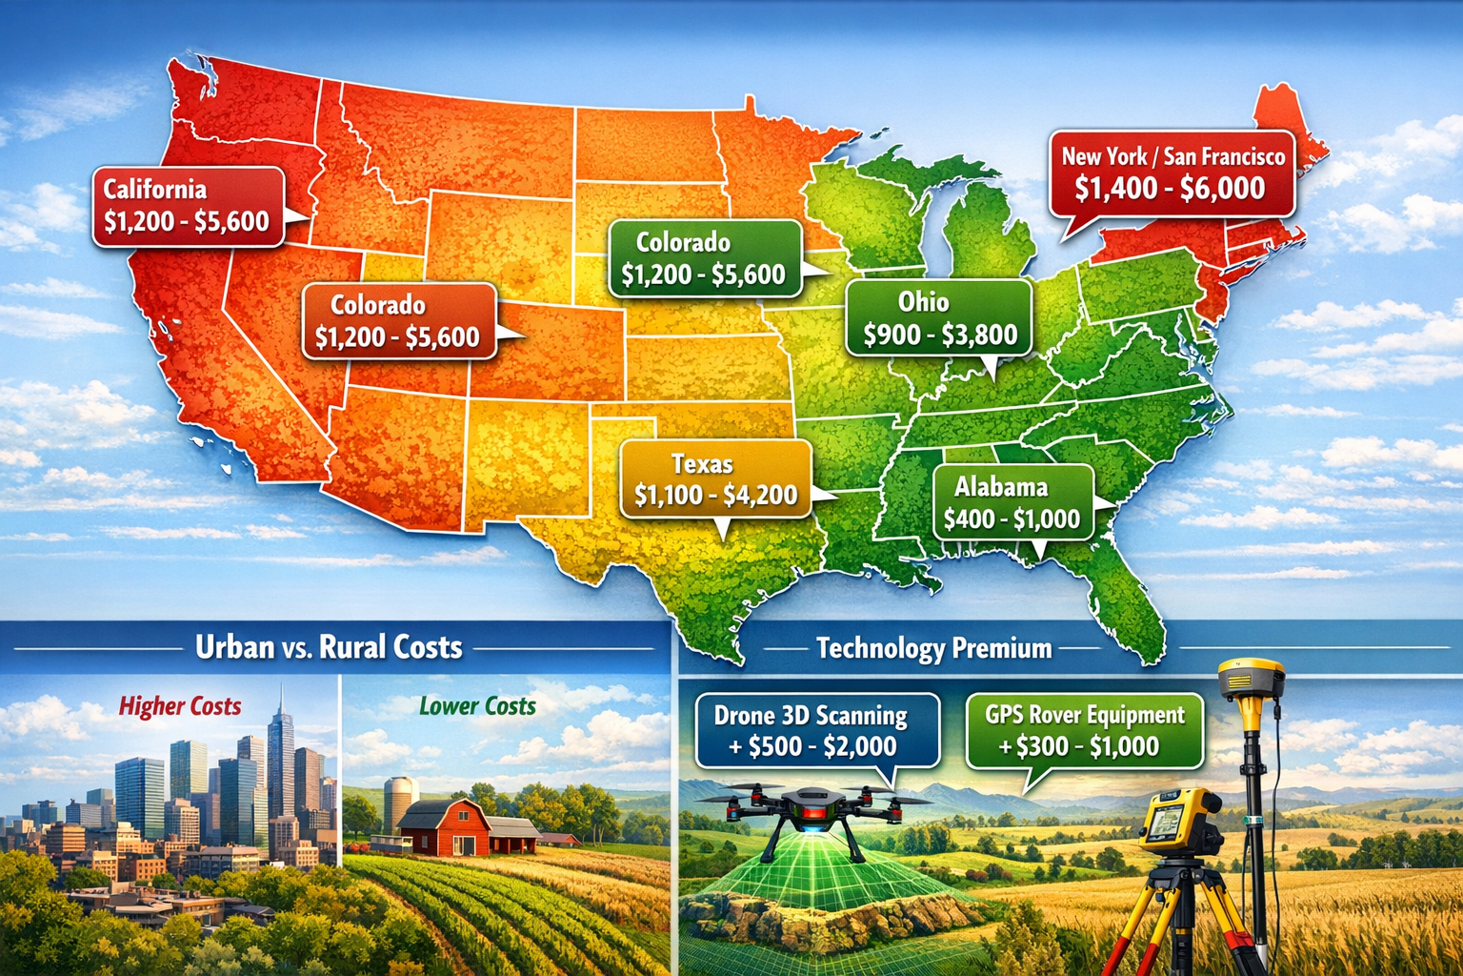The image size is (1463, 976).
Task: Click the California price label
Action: tap(188, 206)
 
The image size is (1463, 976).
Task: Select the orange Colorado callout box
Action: tap(398, 321)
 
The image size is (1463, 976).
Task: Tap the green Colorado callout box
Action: tap(704, 258)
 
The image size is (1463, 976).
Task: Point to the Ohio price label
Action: tap(939, 318)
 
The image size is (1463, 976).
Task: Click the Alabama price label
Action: tap(1012, 502)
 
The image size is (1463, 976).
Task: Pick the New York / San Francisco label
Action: tap(1172, 173)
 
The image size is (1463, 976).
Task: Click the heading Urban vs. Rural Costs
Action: tap(329, 648)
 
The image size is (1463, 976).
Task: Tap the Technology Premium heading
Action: tap(934, 649)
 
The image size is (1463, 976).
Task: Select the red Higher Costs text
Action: tap(180, 706)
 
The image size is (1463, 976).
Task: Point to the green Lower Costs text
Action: tap(477, 706)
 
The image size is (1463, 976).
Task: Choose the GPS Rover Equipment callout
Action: tap(1085, 731)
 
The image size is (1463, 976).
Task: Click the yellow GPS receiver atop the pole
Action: tap(1251, 679)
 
